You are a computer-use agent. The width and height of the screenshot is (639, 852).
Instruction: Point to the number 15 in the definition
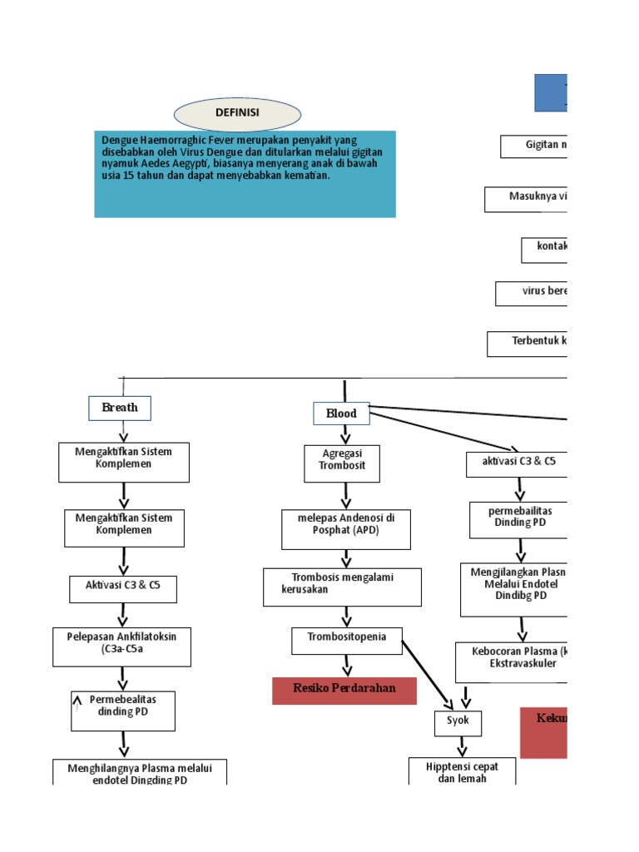point(128,176)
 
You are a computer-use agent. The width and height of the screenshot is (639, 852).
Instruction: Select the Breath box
point(120,408)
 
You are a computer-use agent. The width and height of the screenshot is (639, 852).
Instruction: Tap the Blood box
point(341,414)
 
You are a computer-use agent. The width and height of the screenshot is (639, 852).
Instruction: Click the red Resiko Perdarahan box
point(344,691)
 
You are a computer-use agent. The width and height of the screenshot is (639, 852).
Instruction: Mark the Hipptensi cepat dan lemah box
point(462,771)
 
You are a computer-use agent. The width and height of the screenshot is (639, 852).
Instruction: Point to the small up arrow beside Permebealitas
point(77,703)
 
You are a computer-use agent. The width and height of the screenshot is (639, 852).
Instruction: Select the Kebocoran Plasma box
point(511,661)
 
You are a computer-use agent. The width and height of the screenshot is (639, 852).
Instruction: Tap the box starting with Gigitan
point(533,146)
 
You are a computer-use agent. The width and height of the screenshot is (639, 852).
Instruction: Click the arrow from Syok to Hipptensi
point(461,747)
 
